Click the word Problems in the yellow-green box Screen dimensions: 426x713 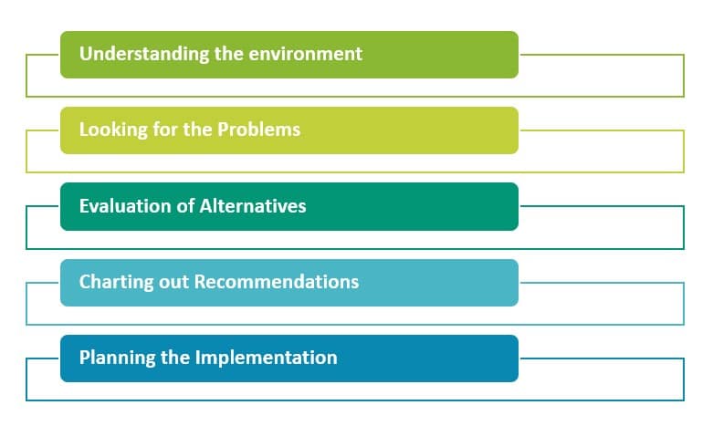coord(259,130)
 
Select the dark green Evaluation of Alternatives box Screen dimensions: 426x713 coord(411,206)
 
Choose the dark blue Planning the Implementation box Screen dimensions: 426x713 coord(429,358)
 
